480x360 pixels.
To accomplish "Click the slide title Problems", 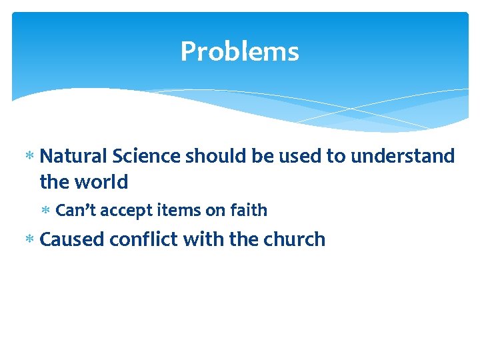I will (239, 51).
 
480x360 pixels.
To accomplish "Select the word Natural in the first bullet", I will (74, 156).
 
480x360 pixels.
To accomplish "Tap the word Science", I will (147, 156).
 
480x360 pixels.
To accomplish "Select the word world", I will (101, 181).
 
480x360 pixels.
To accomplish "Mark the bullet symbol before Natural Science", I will (29, 157).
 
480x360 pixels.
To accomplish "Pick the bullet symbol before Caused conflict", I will (29, 240).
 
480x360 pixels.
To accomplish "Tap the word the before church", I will (243, 239).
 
